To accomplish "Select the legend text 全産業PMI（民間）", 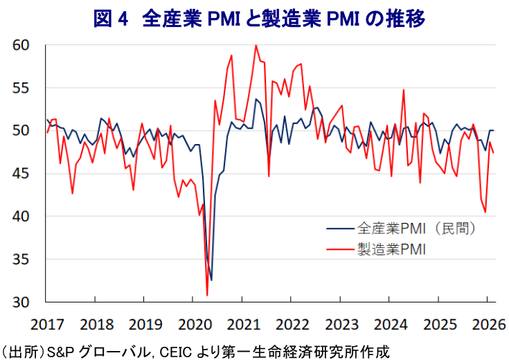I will point(416,227).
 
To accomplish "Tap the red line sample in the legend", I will point(337,248).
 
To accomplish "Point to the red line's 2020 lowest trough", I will point(207,296).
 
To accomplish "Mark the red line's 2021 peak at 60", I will point(256,46).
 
